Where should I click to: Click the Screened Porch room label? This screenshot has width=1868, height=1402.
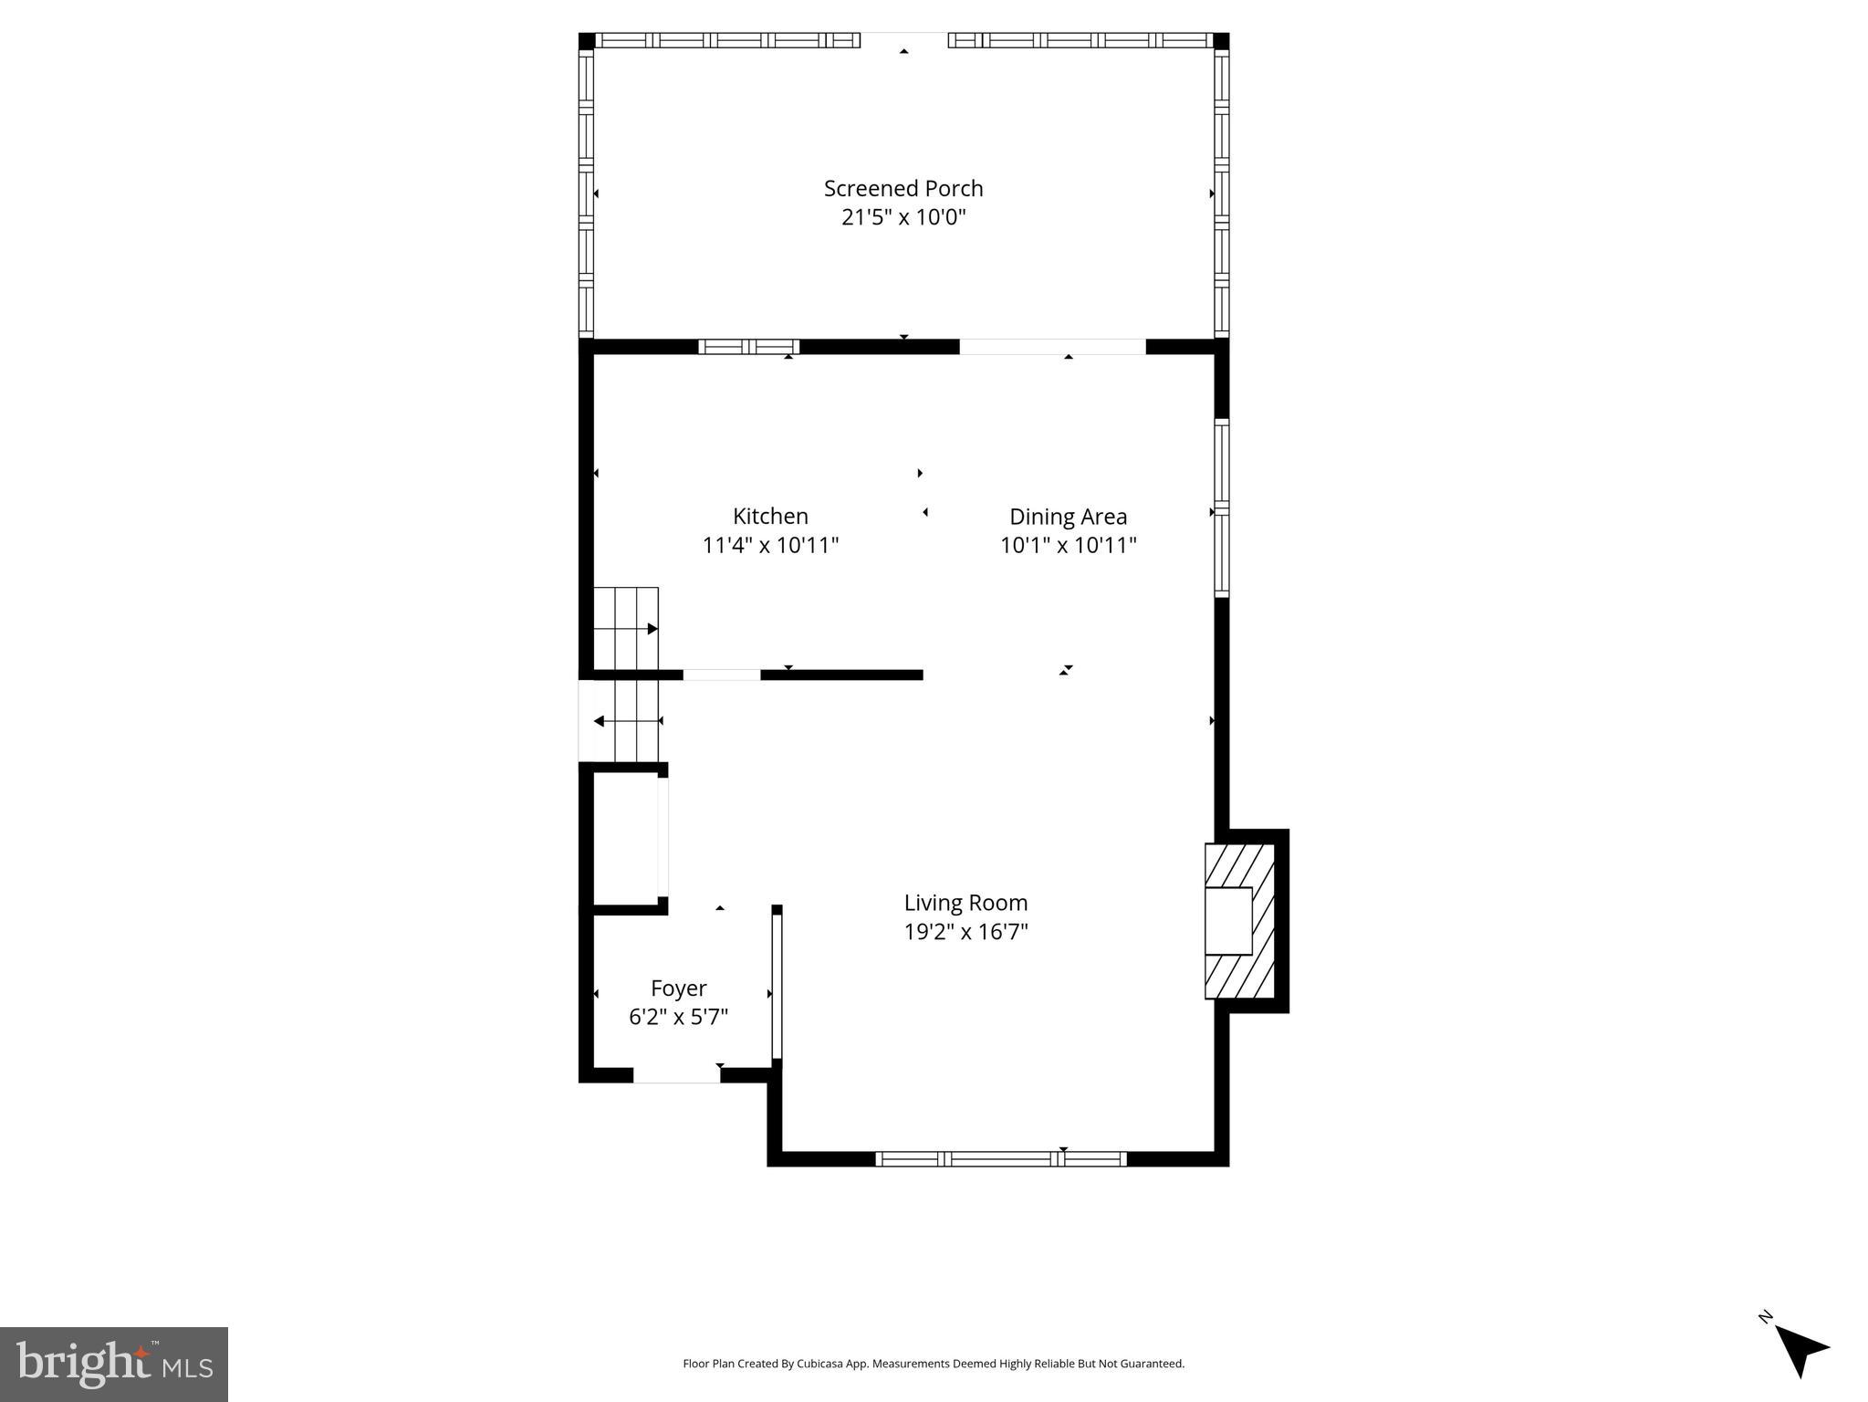pyautogui.click(x=903, y=188)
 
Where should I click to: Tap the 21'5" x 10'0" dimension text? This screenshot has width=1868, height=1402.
pyautogui.click(x=903, y=217)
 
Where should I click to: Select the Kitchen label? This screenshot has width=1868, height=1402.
pyautogui.click(x=770, y=516)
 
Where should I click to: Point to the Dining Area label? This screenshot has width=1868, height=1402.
pyautogui.click(x=1068, y=517)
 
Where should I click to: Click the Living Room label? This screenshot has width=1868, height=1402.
pyautogui.click(x=965, y=903)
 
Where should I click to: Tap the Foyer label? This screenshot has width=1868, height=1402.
pyautogui.click(x=678, y=988)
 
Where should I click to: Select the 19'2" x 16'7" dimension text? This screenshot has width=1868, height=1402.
pyautogui.click(x=965, y=932)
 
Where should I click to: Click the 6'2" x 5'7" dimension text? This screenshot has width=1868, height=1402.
pyautogui.click(x=678, y=1017)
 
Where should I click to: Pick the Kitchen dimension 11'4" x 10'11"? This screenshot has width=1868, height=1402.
pyautogui.click(x=770, y=545)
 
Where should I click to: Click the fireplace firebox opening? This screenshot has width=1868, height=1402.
pyautogui.click(x=1228, y=920)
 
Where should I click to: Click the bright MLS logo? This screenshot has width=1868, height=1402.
pyautogui.click(x=114, y=1364)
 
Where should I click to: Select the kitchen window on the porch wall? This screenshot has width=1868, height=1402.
pyautogui.click(x=748, y=347)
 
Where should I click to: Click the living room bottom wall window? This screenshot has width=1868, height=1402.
pyautogui.click(x=1001, y=1159)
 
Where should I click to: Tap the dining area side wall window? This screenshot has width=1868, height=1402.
pyautogui.click(x=1221, y=507)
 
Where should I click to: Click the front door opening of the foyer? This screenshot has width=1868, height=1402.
pyautogui.click(x=676, y=1075)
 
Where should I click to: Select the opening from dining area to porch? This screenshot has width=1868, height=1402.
pyautogui.click(x=1051, y=347)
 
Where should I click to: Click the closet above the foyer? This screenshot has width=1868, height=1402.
pyautogui.click(x=626, y=840)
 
